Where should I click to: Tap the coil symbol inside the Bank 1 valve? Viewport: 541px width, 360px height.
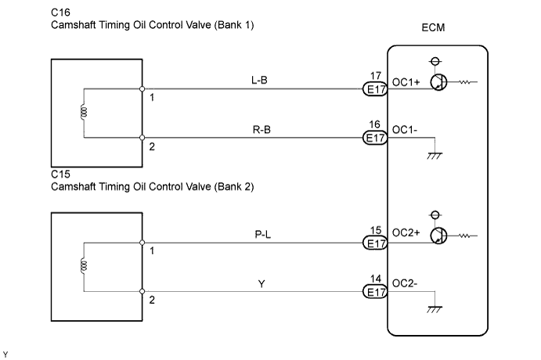pos(83,113)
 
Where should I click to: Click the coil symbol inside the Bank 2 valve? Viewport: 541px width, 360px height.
pos(83,266)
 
